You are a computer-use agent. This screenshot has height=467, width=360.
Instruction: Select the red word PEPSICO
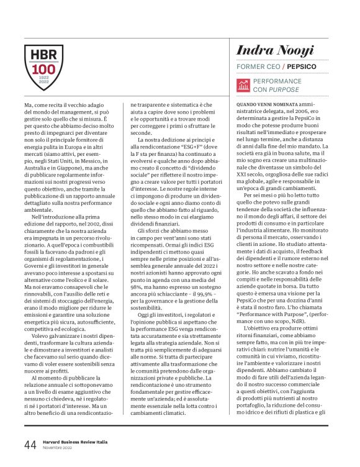pos(302,66)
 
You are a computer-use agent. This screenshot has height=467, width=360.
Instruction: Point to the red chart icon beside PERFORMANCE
pos(243,85)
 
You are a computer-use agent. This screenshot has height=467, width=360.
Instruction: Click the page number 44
pos(30,444)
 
